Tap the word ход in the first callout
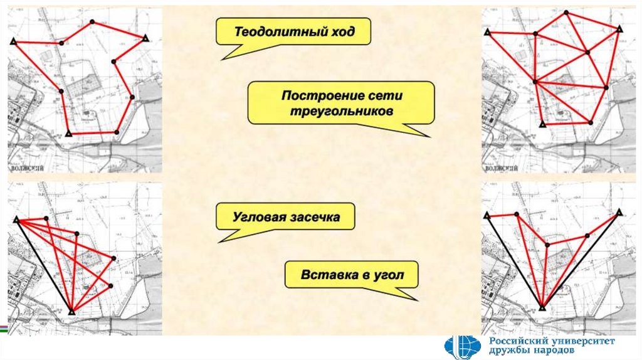(340, 32)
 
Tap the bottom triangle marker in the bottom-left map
(71, 311)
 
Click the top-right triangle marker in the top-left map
(145, 38)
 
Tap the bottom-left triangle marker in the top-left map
(68, 134)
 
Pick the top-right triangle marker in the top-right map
(619, 28)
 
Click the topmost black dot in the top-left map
(92, 21)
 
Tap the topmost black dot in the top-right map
(566, 13)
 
